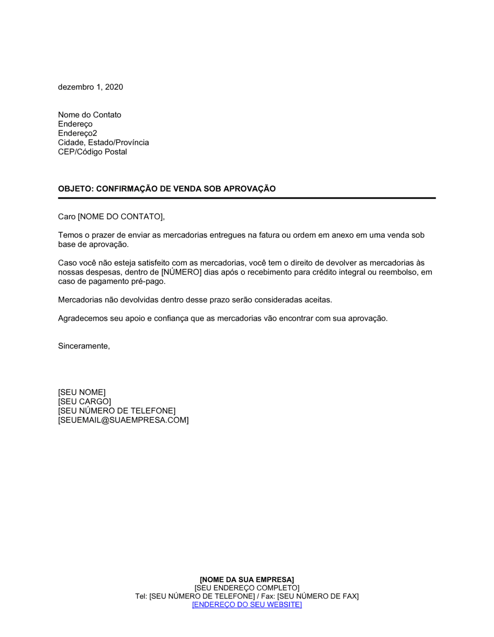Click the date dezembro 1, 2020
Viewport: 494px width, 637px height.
[90, 87]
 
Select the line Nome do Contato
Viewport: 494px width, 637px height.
[89, 115]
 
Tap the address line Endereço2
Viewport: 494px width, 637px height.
[78, 133]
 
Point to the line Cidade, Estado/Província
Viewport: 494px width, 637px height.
[103, 142]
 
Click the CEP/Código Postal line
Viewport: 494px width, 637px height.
[92, 152]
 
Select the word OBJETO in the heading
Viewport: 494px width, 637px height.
[75, 189]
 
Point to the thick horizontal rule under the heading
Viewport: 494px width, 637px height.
[247, 198]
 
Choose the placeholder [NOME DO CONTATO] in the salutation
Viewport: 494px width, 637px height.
[120, 216]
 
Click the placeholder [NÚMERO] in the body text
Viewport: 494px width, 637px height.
[181, 272]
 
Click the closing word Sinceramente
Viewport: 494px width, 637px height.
[83, 346]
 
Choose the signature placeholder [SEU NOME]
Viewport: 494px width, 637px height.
[82, 393]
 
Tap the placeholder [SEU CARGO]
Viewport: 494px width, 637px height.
[84, 401]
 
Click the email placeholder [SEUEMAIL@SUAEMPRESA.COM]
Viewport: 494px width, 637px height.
[123, 420]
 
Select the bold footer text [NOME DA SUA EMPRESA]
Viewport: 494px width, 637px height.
[247, 580]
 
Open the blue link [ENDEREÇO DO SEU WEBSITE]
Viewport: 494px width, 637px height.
[247, 604]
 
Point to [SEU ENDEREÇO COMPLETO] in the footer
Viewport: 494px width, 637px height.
[247, 588]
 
